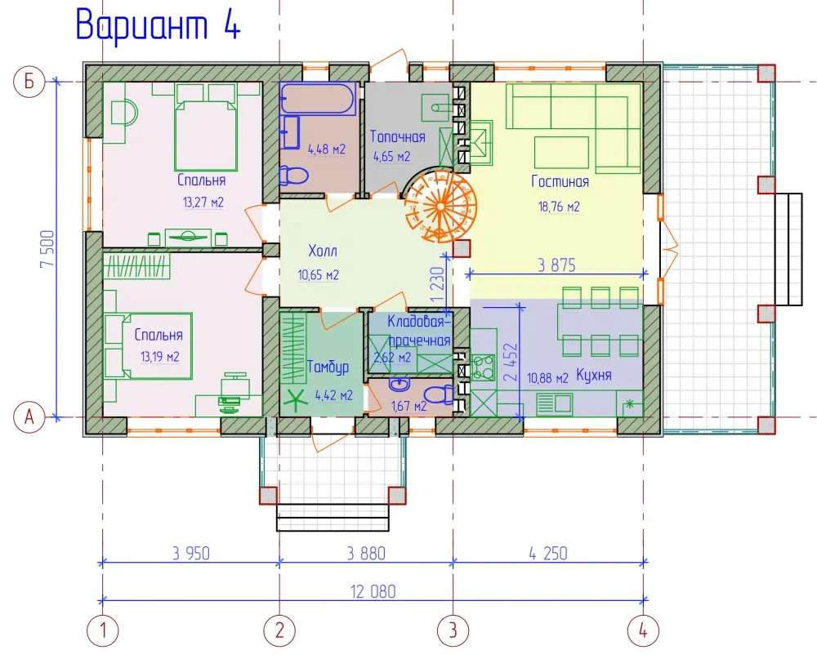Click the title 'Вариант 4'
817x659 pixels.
pos(158,25)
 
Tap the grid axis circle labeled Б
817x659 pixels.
pos(29,82)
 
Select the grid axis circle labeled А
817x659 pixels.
pos(29,417)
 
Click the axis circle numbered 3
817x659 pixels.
pos(453,630)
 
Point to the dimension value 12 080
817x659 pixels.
pos(373,591)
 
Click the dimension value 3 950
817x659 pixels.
pos(190,553)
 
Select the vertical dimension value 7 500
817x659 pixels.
pos(47,249)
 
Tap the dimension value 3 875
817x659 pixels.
pos(556,265)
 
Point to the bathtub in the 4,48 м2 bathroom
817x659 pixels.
pos(318,99)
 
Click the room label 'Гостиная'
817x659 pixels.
pos(560,181)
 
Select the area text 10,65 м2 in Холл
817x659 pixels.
pos(318,274)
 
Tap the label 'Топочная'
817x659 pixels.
pos(397,136)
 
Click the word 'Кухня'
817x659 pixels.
pos(593,375)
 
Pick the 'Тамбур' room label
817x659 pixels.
pos(328,367)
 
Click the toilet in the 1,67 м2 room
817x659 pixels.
pos(439,394)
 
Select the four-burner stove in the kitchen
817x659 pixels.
pos(483,367)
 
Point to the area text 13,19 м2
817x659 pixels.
pos(159,357)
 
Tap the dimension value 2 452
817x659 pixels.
pos(511,362)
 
